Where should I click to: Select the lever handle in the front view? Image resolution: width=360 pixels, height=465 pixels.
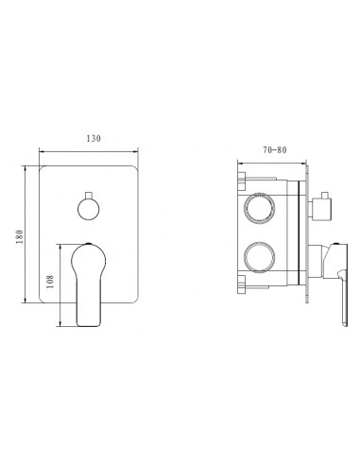coord(87,284)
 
